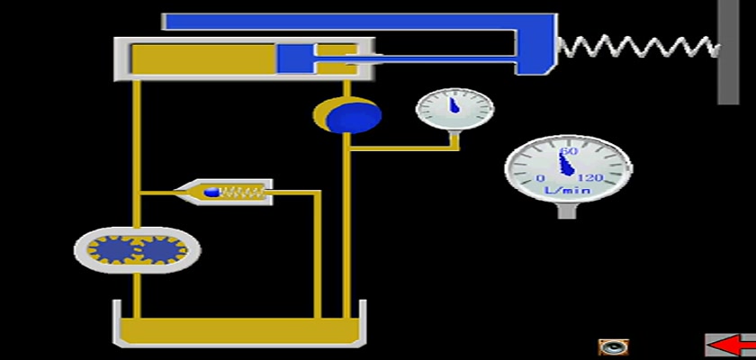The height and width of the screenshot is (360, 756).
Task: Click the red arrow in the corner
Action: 733,346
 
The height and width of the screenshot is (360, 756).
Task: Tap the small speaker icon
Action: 613,347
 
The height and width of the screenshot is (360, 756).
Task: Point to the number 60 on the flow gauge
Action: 569,151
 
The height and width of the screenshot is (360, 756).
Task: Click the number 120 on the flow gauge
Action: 590,178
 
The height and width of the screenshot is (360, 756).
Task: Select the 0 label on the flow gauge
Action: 541,178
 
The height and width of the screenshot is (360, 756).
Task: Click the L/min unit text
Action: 568,190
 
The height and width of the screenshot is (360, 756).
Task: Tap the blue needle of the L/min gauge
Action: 567,164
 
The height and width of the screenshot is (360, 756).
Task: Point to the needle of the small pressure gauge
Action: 454,105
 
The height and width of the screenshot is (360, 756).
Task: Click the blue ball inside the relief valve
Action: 211,193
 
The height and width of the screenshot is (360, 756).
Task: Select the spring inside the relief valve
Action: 242,193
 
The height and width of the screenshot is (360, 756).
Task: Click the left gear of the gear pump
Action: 112,249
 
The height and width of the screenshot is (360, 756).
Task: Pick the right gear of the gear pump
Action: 163,249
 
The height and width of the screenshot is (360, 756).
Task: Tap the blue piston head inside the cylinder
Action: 295,59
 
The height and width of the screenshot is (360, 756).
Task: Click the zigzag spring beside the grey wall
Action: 639,47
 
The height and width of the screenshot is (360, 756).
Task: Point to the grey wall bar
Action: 728,52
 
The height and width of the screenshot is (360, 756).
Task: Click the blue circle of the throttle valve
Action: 354,116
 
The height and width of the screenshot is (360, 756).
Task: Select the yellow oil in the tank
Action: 239,330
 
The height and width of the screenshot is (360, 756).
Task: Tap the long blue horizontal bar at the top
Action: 359,22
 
